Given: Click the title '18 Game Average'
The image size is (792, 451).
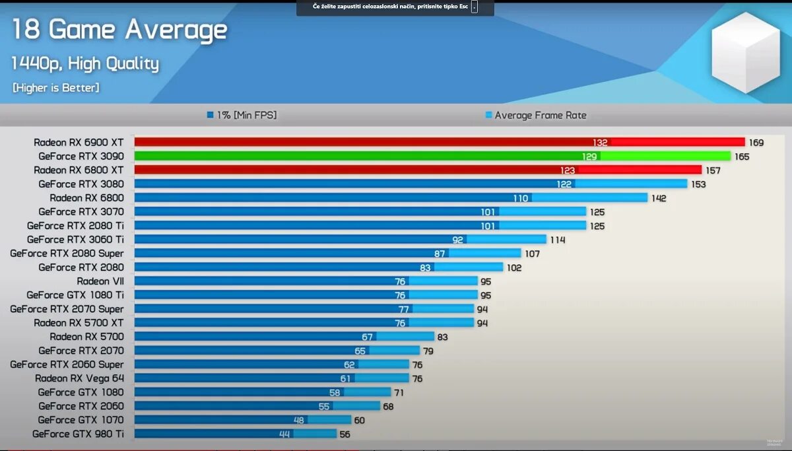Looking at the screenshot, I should [x=119, y=30].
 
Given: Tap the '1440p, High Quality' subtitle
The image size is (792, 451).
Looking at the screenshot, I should [x=85, y=64].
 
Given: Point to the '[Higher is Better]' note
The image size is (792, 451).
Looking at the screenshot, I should [x=55, y=87].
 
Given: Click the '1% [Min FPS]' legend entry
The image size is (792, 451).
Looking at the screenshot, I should [x=242, y=115].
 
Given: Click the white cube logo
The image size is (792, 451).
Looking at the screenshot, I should [x=746, y=53].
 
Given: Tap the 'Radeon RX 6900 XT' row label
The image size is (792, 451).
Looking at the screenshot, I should [x=79, y=142].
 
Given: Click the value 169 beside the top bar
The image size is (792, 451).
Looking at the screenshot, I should [x=756, y=143].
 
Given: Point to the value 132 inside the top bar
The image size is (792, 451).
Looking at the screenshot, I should [x=600, y=143].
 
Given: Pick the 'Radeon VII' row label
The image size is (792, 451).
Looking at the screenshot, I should [x=100, y=281].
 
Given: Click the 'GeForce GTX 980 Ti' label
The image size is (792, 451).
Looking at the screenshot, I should [x=78, y=434].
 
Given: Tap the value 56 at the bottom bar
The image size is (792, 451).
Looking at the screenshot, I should [x=345, y=434].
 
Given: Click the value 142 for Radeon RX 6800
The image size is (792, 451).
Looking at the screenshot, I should [x=659, y=198].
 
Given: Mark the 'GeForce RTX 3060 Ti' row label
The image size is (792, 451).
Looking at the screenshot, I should [x=75, y=239].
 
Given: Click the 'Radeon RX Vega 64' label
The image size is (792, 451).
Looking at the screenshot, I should [x=79, y=378].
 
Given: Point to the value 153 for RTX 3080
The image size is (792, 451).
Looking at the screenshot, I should [x=698, y=184].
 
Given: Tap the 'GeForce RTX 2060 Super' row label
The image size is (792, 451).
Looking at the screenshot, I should [x=67, y=364].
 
